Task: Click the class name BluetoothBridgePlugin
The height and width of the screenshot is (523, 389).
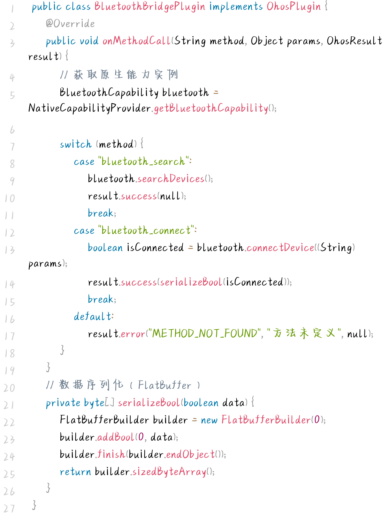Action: click(x=149, y=6)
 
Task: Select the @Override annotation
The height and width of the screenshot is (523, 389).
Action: click(x=70, y=24)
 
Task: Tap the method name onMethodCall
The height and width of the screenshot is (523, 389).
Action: click(x=137, y=41)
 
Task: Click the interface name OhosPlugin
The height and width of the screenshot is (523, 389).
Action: click(x=294, y=6)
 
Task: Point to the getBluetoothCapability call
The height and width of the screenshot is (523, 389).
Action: click(x=211, y=108)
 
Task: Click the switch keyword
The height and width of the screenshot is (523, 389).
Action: click(x=76, y=144)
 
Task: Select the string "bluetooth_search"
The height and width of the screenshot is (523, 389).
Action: click(x=143, y=161)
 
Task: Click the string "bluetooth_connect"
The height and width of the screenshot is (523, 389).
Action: click(x=146, y=230)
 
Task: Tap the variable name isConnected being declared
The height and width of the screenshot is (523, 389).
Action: click(x=155, y=248)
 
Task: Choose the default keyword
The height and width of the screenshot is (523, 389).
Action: click(x=93, y=317)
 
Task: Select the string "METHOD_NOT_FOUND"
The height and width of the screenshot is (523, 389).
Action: click(x=205, y=334)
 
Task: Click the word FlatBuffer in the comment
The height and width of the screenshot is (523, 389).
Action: click(x=164, y=385)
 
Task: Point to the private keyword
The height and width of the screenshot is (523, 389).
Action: click(x=63, y=403)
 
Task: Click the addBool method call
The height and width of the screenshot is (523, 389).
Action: click(x=116, y=437)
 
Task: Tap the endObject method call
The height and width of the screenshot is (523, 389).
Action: click(x=190, y=454)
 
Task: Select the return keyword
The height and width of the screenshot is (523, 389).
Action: click(x=75, y=472)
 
